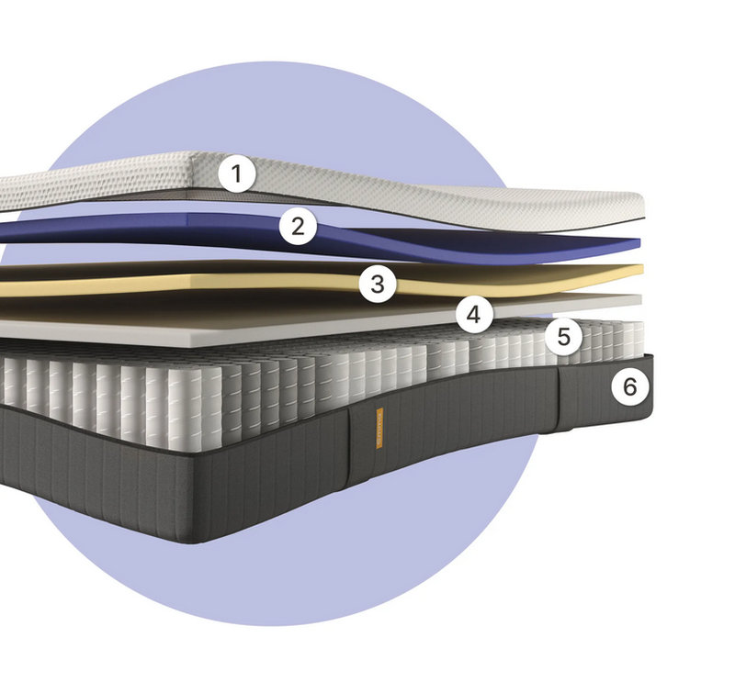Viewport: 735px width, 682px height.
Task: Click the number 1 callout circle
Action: click(237, 173)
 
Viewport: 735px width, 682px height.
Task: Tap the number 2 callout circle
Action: click(298, 226)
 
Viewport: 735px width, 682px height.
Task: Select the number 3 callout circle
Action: click(378, 284)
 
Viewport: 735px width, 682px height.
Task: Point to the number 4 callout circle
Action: click(474, 314)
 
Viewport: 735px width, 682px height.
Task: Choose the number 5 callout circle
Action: click(564, 336)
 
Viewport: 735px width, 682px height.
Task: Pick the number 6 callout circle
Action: click(630, 387)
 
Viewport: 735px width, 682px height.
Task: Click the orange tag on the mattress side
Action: click(379, 428)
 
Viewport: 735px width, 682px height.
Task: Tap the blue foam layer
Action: click(328, 234)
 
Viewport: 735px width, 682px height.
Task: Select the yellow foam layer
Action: click(281, 280)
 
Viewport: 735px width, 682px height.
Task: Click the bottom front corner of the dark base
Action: click(200, 542)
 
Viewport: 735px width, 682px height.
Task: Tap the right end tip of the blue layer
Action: click(639, 242)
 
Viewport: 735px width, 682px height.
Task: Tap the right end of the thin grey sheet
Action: click(639, 300)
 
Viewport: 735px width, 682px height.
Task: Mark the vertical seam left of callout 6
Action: click(558, 397)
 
